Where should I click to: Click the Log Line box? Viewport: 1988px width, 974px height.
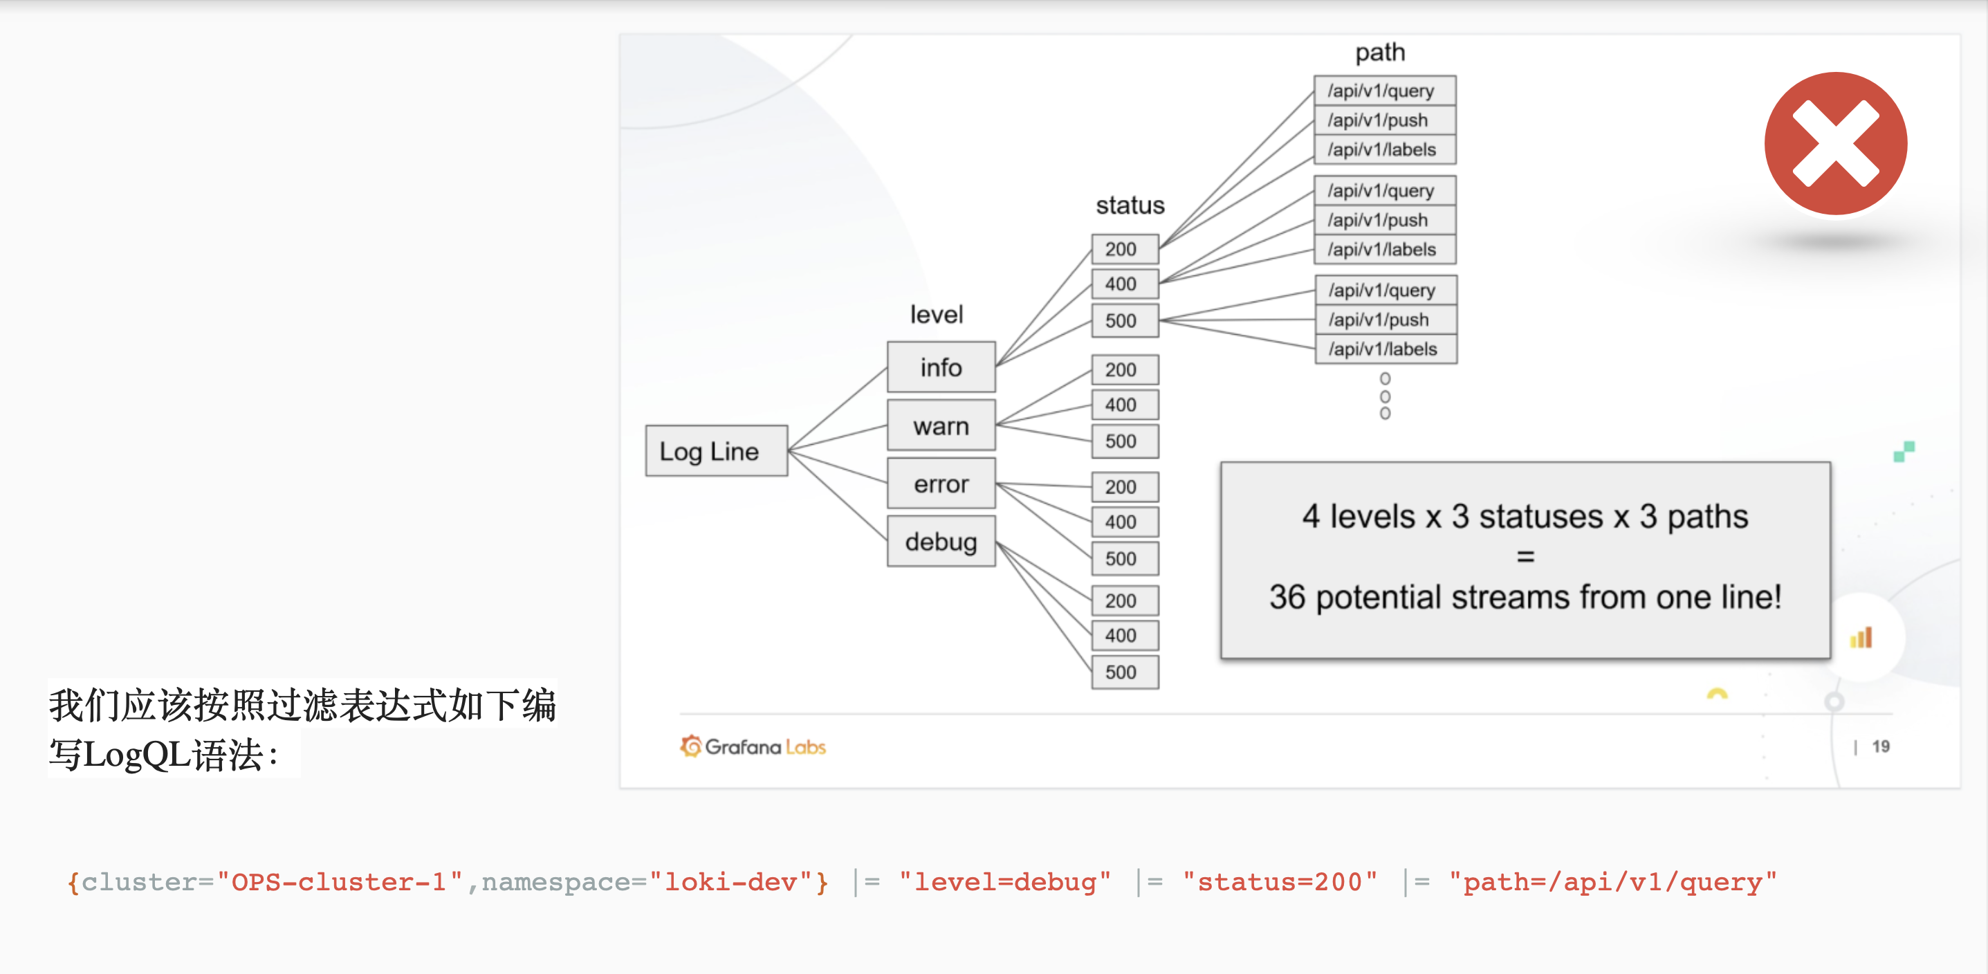click(716, 451)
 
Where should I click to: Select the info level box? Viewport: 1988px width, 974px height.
click(941, 367)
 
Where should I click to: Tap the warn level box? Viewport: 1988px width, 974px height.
click(941, 425)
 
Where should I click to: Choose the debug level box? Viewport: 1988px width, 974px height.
click(941, 542)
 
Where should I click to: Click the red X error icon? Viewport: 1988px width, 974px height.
click(1835, 145)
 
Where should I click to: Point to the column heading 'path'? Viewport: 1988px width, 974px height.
click(1380, 53)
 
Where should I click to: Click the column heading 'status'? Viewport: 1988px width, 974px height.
click(1130, 205)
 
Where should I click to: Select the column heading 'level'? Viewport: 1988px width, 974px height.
click(936, 314)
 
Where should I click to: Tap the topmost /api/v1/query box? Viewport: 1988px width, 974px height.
click(1385, 91)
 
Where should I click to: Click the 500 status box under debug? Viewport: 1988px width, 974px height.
click(1125, 672)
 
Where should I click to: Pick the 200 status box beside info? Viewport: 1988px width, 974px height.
click(1125, 249)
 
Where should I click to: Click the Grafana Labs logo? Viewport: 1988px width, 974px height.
click(753, 746)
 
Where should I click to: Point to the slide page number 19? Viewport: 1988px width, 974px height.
click(1881, 746)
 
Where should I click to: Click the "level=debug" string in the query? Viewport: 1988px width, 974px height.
click(1005, 882)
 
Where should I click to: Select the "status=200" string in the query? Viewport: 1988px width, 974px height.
click(1280, 882)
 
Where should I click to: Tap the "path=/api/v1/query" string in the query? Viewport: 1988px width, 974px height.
click(1613, 882)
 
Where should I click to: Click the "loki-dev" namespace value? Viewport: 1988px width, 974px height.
click(730, 882)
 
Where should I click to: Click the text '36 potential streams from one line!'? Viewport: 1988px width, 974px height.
click(1525, 596)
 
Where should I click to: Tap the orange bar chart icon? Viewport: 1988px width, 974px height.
click(1861, 638)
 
